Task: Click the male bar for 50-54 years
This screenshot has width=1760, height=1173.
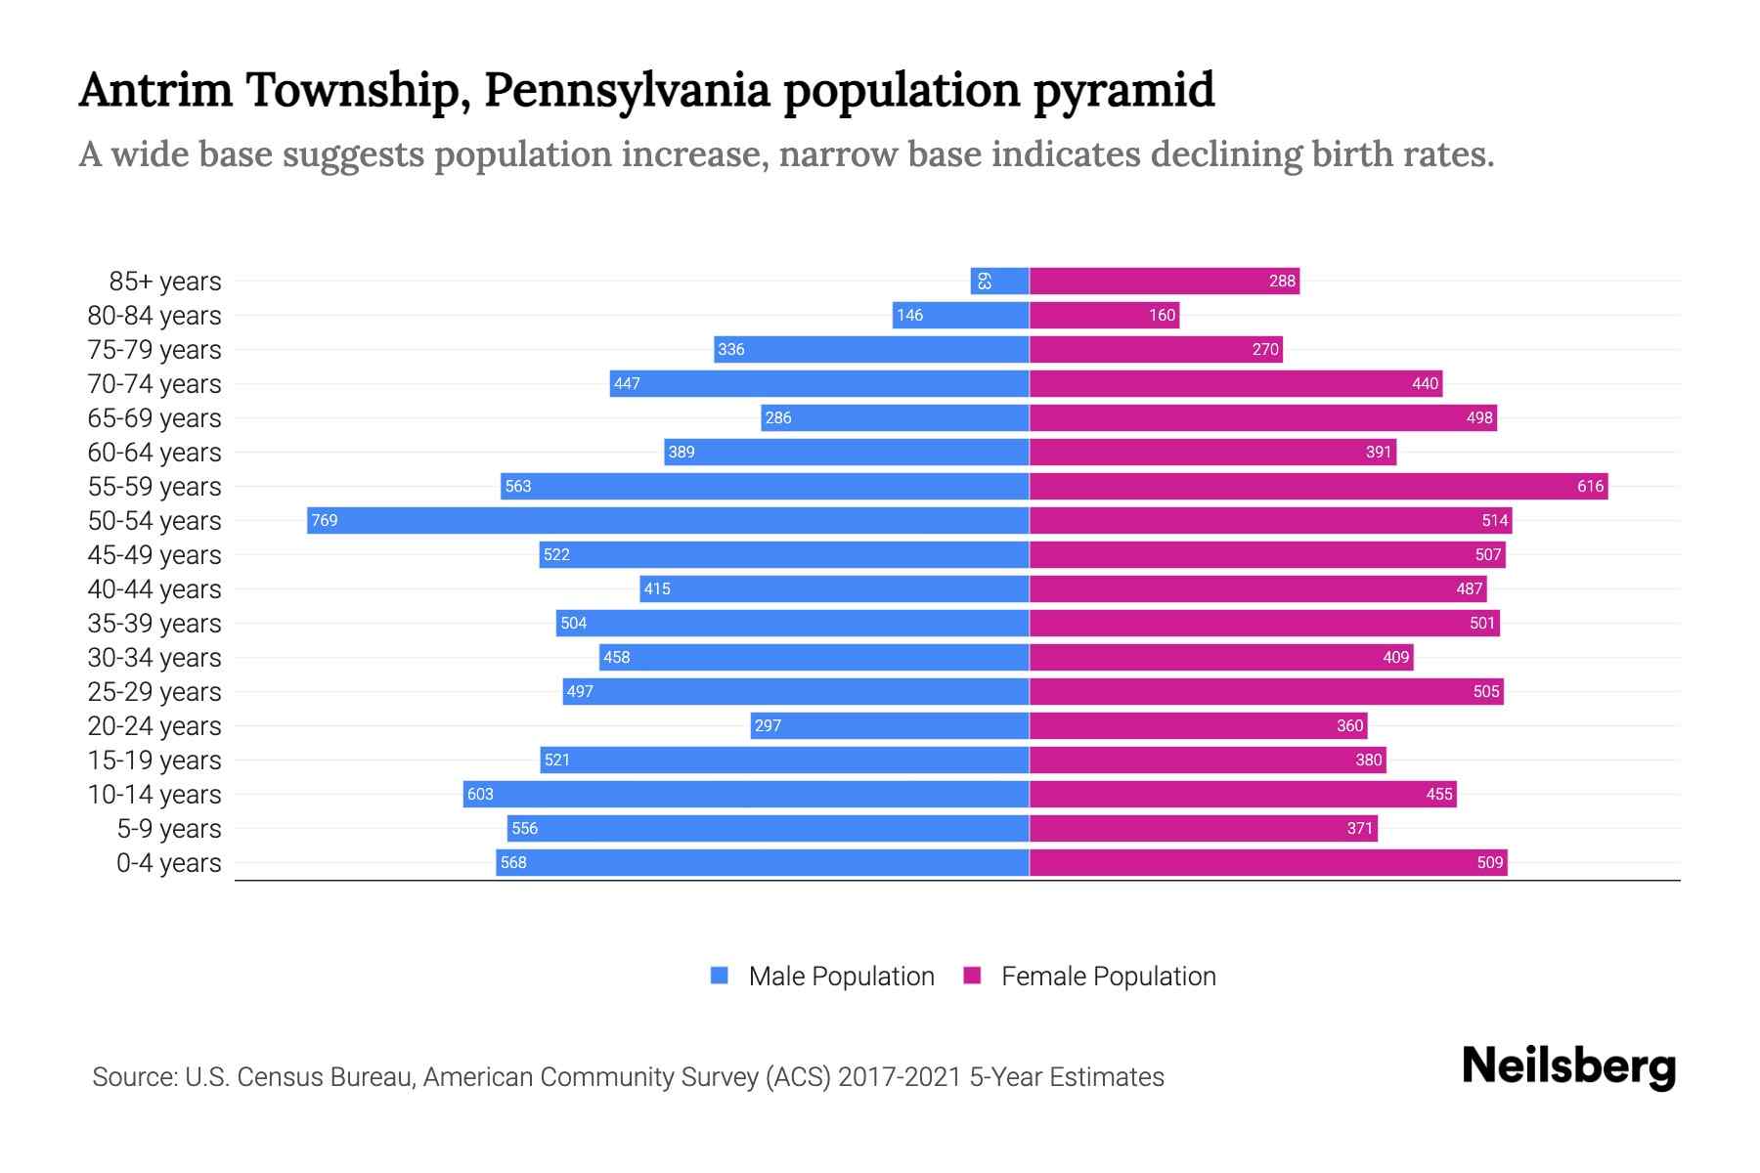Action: tap(668, 520)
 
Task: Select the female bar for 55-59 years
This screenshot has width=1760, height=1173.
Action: tap(1318, 486)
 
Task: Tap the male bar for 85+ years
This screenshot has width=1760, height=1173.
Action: tap(999, 281)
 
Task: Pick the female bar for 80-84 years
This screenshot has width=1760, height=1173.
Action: tap(1104, 315)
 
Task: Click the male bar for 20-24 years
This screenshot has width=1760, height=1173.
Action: tap(890, 725)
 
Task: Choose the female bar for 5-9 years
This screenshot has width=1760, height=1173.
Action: tap(1203, 828)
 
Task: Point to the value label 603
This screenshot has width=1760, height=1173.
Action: tap(480, 794)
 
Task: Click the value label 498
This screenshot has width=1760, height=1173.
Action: tap(1478, 417)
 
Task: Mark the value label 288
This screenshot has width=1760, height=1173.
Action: tap(1282, 281)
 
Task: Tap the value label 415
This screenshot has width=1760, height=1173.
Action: tap(657, 588)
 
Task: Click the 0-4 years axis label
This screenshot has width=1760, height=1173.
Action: tap(168, 863)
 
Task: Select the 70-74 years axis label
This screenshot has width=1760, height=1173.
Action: tap(154, 384)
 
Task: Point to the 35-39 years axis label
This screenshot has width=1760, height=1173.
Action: tap(154, 624)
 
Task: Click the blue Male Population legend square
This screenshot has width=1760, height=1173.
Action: tap(720, 976)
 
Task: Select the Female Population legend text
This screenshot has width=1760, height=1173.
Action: tap(1108, 976)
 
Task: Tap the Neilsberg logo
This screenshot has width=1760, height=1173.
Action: tap(1568, 1066)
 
